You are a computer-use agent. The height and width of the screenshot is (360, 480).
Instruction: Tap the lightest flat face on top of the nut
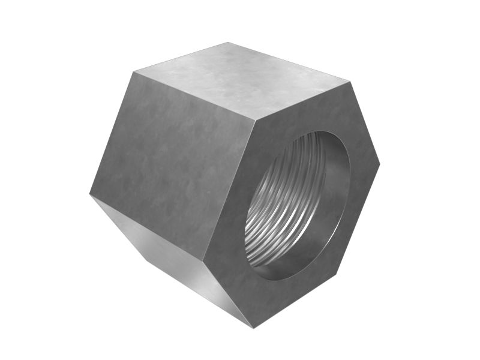pos(240,78)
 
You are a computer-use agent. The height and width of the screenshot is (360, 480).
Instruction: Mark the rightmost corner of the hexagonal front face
pos(380,164)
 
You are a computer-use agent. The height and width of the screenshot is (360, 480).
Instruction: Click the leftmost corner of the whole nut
pos(89,194)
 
